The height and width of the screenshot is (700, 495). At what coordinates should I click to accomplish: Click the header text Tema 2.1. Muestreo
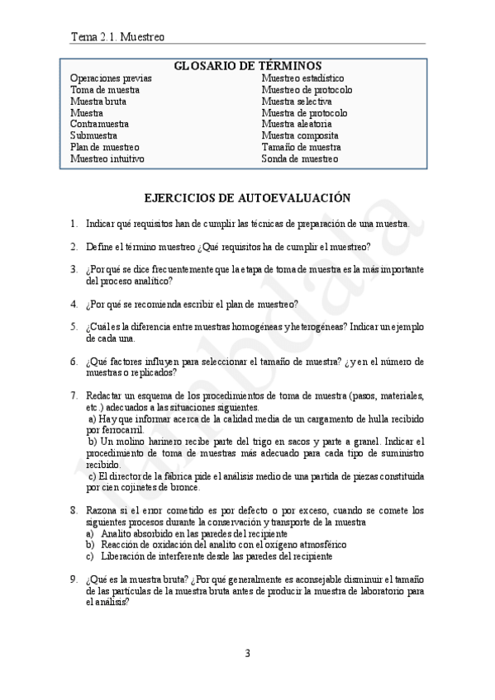(x=118, y=36)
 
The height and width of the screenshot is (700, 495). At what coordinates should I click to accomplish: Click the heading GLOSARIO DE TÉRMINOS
(x=247, y=66)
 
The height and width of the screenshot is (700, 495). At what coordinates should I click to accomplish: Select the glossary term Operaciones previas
(x=111, y=78)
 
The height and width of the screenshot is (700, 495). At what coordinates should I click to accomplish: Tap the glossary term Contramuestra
(x=98, y=124)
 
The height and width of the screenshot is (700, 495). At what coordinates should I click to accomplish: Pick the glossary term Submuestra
(x=93, y=135)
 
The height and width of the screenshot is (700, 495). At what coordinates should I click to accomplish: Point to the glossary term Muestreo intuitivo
(x=107, y=158)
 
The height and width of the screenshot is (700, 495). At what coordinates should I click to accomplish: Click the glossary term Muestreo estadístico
(x=302, y=78)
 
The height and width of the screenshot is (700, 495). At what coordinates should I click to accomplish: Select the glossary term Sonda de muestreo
(x=299, y=158)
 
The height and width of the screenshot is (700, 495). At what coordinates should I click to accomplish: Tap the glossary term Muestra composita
(x=299, y=135)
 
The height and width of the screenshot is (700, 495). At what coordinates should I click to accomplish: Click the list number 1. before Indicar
(x=74, y=224)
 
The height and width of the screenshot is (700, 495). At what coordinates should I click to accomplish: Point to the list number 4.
(x=74, y=303)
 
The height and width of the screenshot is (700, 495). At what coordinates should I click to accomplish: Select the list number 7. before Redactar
(x=74, y=395)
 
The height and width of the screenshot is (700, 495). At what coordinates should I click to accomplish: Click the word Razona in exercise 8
(x=102, y=510)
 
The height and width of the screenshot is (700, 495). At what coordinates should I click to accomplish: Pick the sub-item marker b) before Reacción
(x=90, y=545)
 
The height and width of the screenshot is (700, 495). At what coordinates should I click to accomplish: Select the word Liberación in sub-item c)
(x=125, y=556)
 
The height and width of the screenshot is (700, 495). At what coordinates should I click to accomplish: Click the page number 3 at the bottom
(x=247, y=654)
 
